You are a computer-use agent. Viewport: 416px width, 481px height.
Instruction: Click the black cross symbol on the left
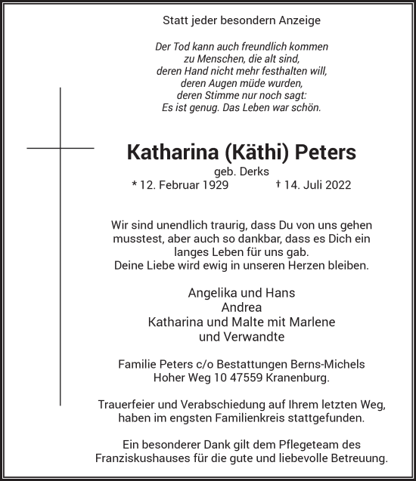(61, 148)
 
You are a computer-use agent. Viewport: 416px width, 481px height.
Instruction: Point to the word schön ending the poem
(307, 107)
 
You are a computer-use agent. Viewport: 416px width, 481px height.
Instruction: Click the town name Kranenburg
(298, 377)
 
